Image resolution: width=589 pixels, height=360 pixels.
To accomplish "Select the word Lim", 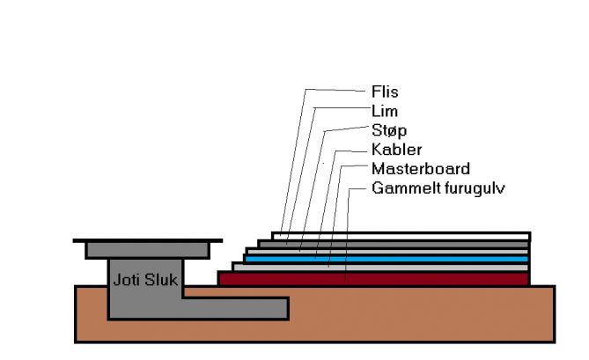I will (x=383, y=111).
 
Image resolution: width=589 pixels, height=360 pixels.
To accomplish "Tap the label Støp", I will (x=388, y=130).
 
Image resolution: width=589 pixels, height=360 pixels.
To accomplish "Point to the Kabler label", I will (x=396, y=150).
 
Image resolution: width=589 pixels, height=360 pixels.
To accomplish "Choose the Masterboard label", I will (x=420, y=169).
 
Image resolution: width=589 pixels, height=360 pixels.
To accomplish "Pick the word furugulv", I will (x=469, y=188).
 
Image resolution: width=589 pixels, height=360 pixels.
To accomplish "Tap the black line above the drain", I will (x=145, y=239).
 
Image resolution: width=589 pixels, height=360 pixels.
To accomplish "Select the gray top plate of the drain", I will (x=146, y=250).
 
